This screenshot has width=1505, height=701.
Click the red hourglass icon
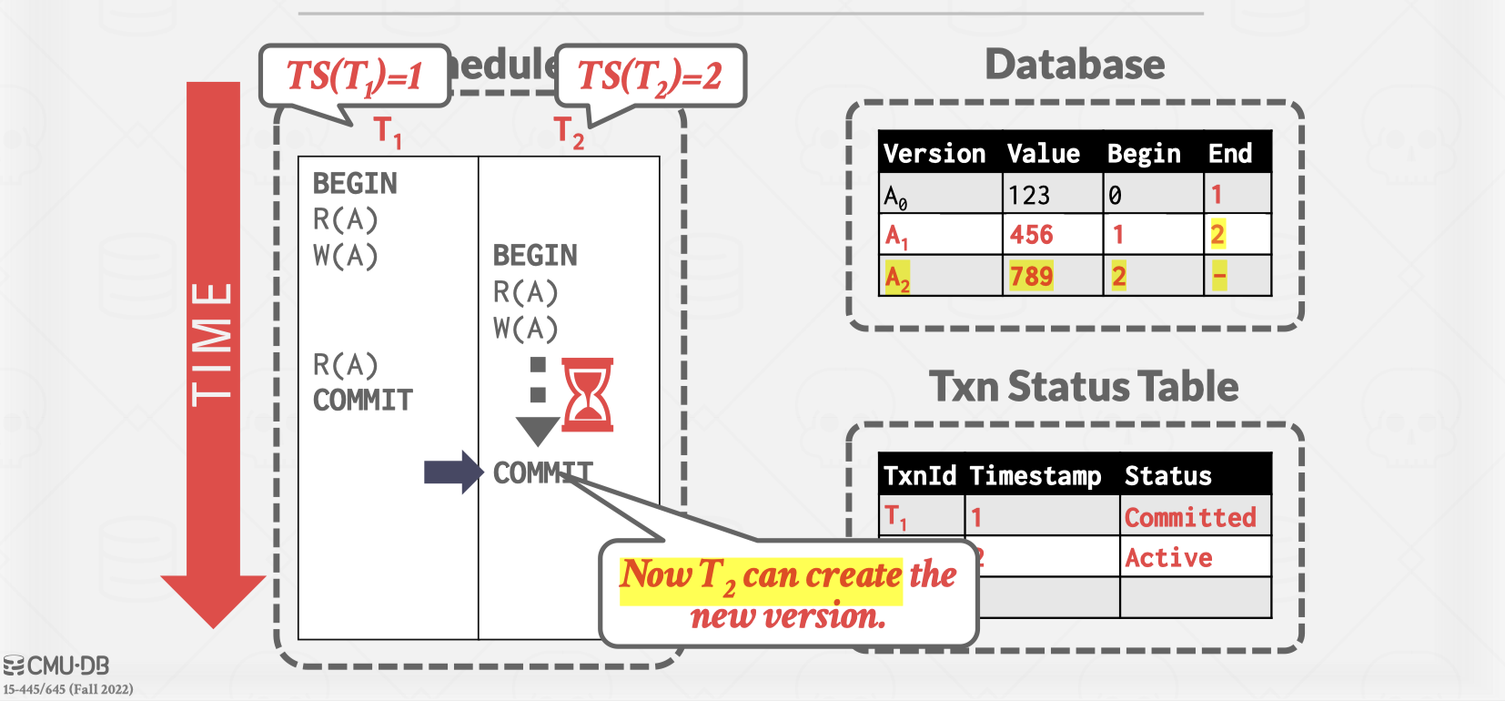click(x=587, y=394)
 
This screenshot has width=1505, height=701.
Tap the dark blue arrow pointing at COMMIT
click(x=453, y=472)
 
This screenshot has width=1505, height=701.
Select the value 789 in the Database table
click(x=1031, y=276)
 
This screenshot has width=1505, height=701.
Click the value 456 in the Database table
click(x=1031, y=235)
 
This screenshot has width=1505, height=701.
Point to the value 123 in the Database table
click(x=1028, y=195)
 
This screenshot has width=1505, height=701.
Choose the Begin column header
click(x=1144, y=153)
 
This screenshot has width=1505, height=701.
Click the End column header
click(x=1229, y=153)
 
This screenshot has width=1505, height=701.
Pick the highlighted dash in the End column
click(x=1219, y=275)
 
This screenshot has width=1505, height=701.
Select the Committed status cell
click(x=1190, y=517)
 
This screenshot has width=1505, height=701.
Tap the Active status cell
click(x=1168, y=557)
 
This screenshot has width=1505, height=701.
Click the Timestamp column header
click(x=1035, y=475)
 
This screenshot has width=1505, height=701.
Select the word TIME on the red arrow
click(x=212, y=344)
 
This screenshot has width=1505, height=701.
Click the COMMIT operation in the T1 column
click(x=362, y=400)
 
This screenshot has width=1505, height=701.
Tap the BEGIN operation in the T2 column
click(x=535, y=255)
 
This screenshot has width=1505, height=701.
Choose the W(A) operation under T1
click(x=345, y=256)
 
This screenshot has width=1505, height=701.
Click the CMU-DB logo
click(x=56, y=665)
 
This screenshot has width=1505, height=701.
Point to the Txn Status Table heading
click(x=1083, y=387)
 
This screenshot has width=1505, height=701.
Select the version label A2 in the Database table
click(x=897, y=277)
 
